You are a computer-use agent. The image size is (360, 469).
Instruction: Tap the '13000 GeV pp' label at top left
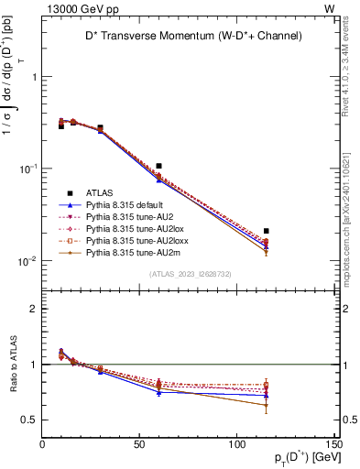[x=73, y=7]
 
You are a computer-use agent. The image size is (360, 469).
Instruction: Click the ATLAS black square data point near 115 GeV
[x=267, y=231]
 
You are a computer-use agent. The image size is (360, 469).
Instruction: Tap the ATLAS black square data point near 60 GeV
[x=159, y=166]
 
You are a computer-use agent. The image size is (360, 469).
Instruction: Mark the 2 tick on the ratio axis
[x=35, y=309]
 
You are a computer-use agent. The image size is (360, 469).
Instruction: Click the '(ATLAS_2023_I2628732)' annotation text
[x=189, y=274]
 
